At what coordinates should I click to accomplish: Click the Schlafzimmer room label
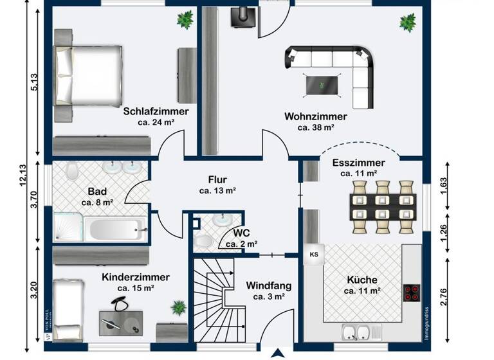156,111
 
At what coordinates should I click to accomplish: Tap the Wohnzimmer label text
316,117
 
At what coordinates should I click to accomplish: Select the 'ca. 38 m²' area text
316,128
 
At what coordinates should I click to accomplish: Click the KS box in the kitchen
314,255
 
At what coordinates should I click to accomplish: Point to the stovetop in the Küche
412,293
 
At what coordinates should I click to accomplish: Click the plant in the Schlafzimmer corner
185,20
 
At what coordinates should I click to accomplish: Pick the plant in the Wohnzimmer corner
407,22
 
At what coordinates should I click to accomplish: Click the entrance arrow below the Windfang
278,352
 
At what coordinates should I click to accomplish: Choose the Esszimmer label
359,163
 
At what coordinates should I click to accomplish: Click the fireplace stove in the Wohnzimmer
241,17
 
